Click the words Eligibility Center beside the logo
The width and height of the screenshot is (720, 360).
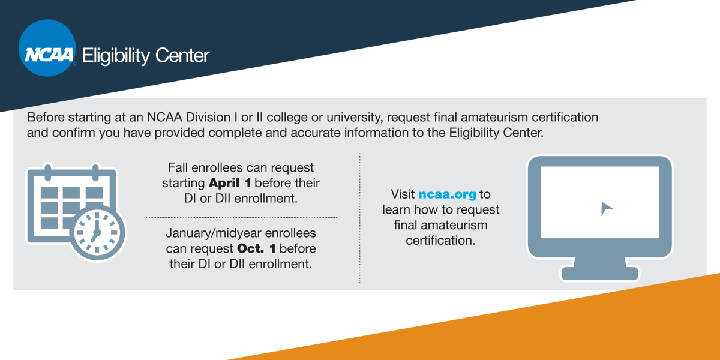point(146,56)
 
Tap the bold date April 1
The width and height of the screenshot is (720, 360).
point(230,182)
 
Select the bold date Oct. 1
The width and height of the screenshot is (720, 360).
point(256,248)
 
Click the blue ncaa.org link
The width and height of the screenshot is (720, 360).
point(447,194)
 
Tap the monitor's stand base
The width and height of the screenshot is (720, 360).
point(600,273)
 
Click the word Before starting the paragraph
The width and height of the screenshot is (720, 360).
point(45,117)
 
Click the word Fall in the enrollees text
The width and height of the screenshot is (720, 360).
point(178,167)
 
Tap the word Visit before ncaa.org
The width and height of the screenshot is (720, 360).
point(403,194)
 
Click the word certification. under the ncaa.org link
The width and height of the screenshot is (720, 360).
point(440,241)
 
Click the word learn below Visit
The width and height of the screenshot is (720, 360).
point(397,210)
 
